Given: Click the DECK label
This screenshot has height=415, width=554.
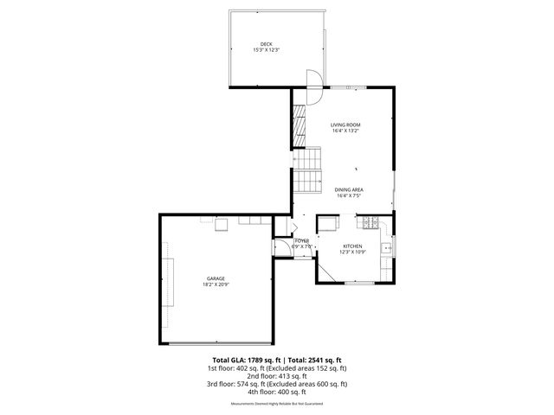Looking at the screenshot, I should (x=266, y=44).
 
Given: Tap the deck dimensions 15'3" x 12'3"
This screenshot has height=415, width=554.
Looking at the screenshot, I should (x=266, y=50).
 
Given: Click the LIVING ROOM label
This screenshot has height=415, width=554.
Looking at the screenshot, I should (x=345, y=125).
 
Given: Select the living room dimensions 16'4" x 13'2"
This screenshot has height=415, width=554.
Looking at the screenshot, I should (x=345, y=131).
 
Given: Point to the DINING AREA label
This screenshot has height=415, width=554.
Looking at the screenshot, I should (x=349, y=189).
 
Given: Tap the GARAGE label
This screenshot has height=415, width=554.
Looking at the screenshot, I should (x=215, y=278).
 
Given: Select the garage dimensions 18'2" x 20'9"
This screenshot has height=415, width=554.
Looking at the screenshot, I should (x=215, y=284).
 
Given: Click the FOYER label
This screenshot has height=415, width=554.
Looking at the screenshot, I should (x=301, y=240).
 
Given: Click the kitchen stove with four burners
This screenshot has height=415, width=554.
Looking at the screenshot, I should (x=370, y=224).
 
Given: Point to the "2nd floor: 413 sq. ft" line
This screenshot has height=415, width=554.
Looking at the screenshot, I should (x=276, y=375).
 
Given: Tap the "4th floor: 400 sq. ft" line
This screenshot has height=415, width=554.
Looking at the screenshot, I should (x=276, y=392).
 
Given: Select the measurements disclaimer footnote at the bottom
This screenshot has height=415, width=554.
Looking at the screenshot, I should (x=276, y=404).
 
